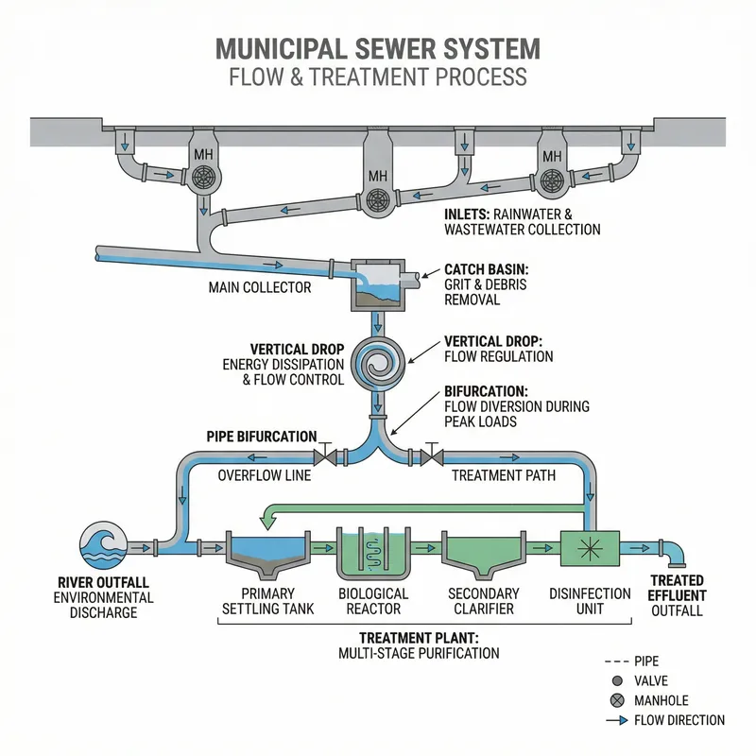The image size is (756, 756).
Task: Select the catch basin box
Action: click(377, 283)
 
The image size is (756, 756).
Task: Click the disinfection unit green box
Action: click(588, 546)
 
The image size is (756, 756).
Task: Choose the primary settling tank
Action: click(268, 556)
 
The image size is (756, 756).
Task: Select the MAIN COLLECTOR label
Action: click(259, 286)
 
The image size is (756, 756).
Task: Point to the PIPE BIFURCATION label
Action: click(262, 437)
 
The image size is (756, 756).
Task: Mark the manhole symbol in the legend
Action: click(617, 700)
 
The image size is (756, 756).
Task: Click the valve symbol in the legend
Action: click(617, 680)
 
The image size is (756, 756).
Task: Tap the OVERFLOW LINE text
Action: click(265, 475)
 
